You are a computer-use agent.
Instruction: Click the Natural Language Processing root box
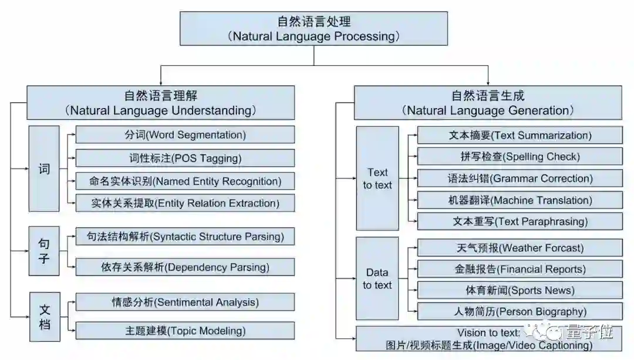[314, 29]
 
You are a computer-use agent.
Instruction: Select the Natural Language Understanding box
[161, 103]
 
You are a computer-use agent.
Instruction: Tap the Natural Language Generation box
[488, 103]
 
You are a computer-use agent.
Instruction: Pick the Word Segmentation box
[185, 134]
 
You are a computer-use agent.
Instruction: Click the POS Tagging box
[185, 158]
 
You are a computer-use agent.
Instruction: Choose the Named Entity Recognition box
[185, 181]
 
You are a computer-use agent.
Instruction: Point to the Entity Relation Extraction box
[185, 203]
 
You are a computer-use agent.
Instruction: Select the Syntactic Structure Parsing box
[185, 237]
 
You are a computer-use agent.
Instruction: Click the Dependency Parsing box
[185, 267]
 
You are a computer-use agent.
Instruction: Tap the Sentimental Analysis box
[185, 302]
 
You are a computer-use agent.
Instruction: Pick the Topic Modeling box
[185, 331]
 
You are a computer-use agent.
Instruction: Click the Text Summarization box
[520, 135]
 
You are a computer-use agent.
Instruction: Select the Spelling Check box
[520, 156]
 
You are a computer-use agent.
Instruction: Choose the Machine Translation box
[520, 200]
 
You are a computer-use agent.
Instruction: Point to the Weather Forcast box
[520, 248]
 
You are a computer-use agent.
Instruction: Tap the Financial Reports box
[520, 269]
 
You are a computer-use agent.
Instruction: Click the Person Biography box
[520, 311]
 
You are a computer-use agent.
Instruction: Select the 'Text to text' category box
[377, 179]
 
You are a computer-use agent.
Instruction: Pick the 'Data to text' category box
[377, 278]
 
